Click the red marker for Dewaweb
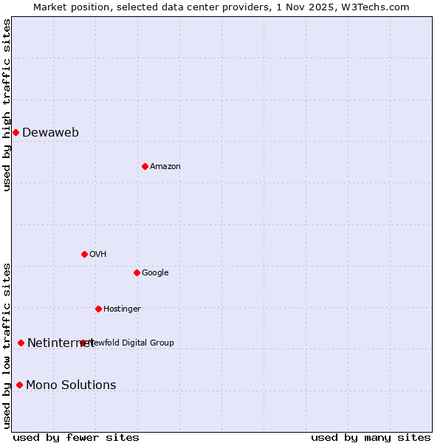16,132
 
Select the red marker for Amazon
145,166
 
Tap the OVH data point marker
84,254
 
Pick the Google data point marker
137,272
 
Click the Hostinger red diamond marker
98,309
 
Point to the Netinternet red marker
21,343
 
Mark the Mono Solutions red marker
19,385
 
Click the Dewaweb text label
50,133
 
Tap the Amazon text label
165,167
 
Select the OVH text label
98,255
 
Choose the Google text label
155,273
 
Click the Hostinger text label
122,309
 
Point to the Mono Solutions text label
71,385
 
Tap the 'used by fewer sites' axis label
76,438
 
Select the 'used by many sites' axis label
371,438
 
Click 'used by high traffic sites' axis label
7,105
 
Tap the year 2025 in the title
321,7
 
